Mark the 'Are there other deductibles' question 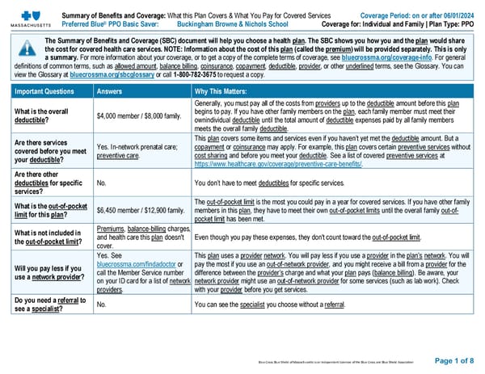(45, 183)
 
